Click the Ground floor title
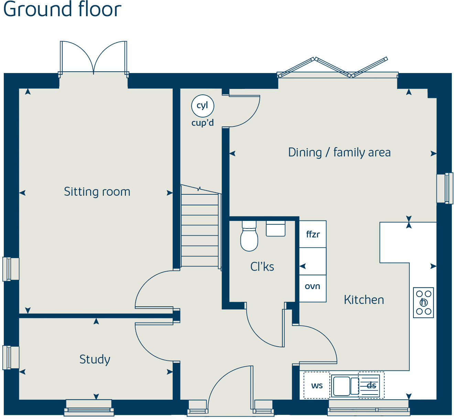pyautogui.click(x=62, y=10)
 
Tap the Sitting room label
pyautogui.click(x=97, y=192)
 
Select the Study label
pyautogui.click(x=95, y=359)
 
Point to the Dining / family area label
pyautogui.click(x=339, y=152)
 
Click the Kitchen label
pyautogui.click(x=364, y=300)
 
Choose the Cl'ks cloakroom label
pyautogui.click(x=262, y=267)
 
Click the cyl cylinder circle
pyautogui.click(x=203, y=106)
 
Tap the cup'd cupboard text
pyautogui.click(x=203, y=123)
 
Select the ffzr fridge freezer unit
pyautogui.click(x=313, y=234)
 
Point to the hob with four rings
pyautogui.click(x=423, y=303)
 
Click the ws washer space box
pyautogui.click(x=316, y=385)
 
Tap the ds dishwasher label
pyautogui.click(x=371, y=385)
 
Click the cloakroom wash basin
pyautogui.click(x=275, y=228)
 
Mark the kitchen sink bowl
pyautogui.click(x=342, y=386)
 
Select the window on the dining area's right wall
pyautogui.click(x=444, y=188)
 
